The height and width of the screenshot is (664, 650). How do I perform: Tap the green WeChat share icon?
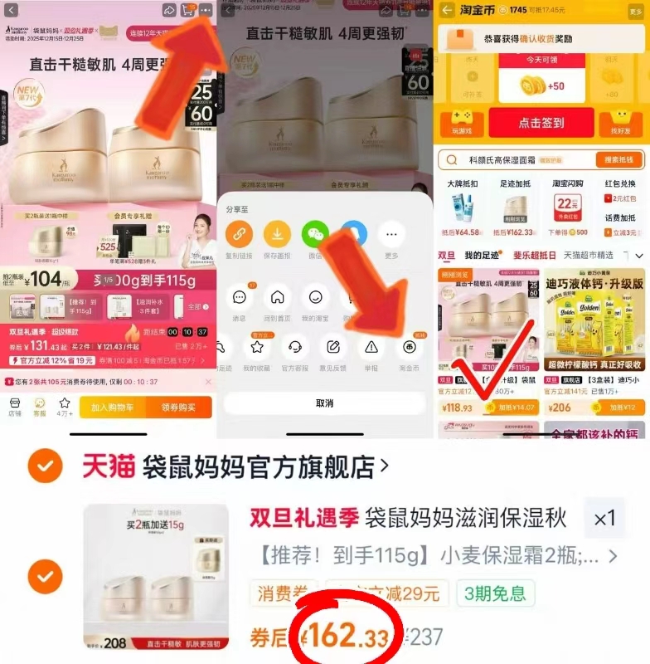coord(315,234)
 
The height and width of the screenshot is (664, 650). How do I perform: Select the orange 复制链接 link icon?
coord(239,234)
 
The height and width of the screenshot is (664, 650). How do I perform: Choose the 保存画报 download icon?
coord(277,234)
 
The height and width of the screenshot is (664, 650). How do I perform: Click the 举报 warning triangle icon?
coord(371,347)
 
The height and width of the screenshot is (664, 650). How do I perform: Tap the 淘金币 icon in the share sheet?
coord(409,347)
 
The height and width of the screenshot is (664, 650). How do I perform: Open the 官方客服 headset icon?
coord(296,347)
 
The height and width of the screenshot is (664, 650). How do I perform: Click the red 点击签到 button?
coord(541,122)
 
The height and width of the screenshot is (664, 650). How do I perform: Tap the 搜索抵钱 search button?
coord(618,160)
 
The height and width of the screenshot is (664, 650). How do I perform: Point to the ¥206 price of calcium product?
coord(561,408)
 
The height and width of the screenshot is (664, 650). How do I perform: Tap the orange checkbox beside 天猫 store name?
coord(41,467)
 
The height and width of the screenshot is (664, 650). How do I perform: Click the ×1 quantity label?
coord(605,519)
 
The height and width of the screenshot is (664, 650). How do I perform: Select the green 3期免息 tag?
coord(495,593)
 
